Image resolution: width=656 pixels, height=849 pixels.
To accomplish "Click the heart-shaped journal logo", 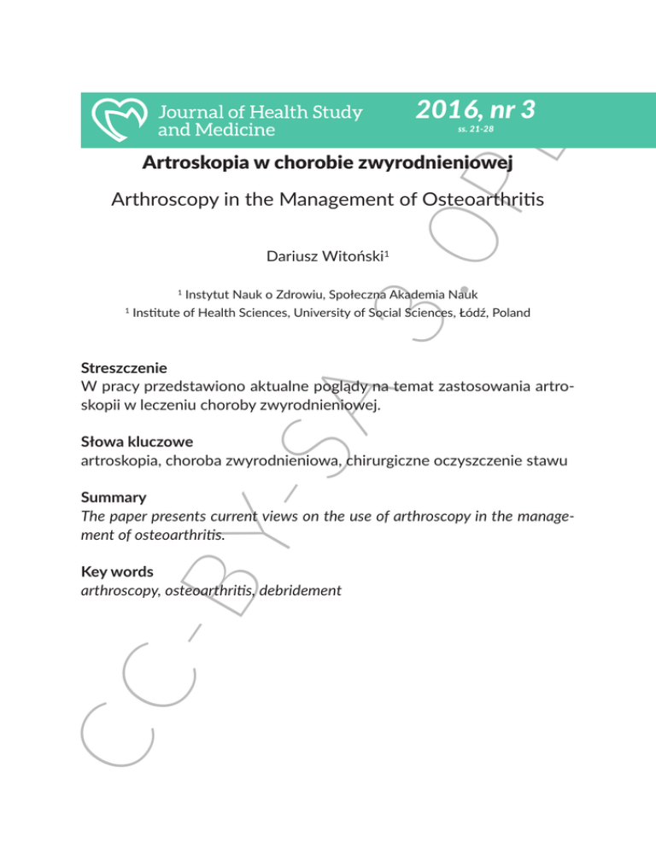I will [x=120, y=119].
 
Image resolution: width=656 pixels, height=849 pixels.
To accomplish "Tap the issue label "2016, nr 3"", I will [x=475, y=109].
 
